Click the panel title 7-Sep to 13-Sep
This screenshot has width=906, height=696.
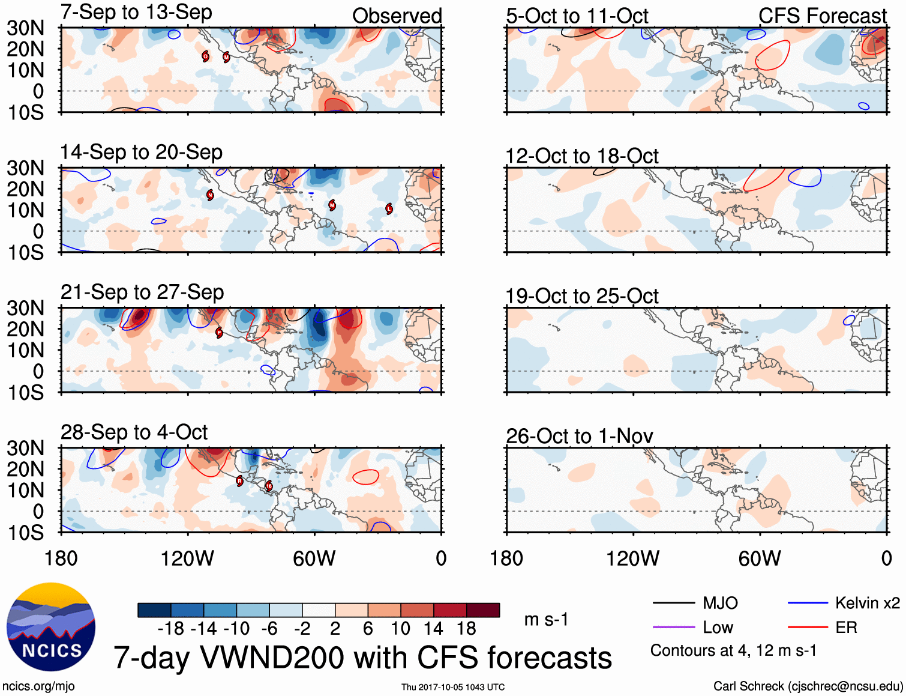[x=136, y=13]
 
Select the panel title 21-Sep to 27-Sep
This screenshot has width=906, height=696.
[x=142, y=292]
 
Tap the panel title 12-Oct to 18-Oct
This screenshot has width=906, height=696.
[x=581, y=156]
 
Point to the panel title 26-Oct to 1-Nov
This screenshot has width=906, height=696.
[x=579, y=436]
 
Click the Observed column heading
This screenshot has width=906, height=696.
[x=397, y=16]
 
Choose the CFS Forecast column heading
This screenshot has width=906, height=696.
[x=822, y=16]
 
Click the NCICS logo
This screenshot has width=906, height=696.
[x=51, y=627]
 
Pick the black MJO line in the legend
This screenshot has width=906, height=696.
[x=673, y=603]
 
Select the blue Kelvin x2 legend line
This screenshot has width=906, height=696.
[x=808, y=603]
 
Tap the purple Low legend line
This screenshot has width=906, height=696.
[x=673, y=628]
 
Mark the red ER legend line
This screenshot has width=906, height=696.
[x=808, y=628]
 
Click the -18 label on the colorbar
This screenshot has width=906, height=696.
[x=171, y=629]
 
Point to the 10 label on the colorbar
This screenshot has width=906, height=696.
[x=400, y=629]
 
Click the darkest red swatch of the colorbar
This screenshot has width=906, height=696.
[x=483, y=610]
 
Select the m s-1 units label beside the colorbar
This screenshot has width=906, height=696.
[x=546, y=619]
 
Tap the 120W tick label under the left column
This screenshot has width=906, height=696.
[x=187, y=558]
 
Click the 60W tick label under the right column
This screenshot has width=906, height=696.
[x=760, y=558]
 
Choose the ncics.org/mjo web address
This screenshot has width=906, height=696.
[x=38, y=686]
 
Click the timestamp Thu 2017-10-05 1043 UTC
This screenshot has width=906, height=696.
[x=453, y=687]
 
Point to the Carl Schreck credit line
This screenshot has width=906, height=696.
[x=808, y=686]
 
